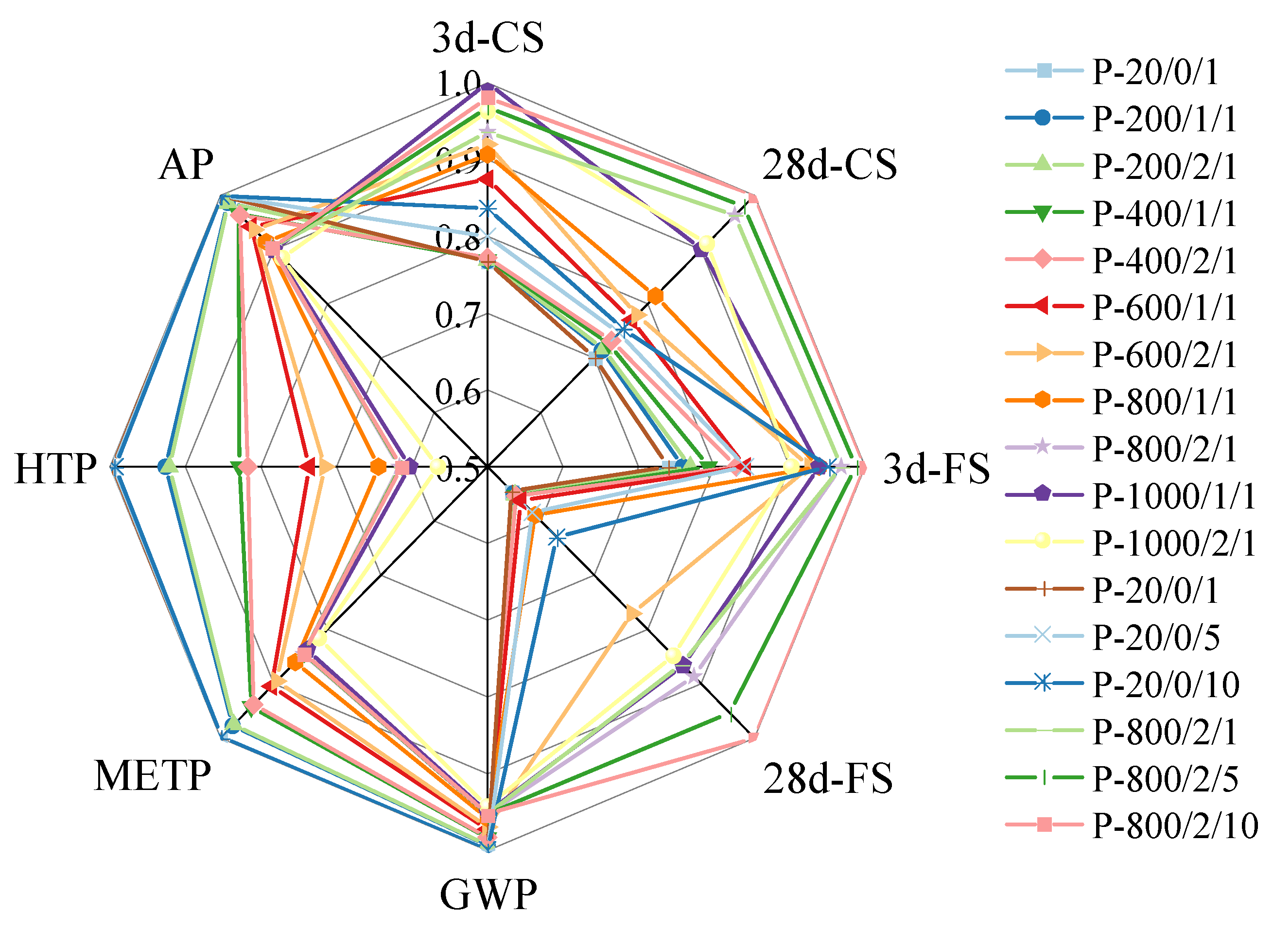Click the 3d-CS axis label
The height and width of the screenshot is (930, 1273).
(488, 38)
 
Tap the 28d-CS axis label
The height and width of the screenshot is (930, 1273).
(829, 165)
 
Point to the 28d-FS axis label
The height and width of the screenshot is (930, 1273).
(827, 779)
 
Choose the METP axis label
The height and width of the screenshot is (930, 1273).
(152, 776)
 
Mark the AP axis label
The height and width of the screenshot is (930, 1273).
(186, 165)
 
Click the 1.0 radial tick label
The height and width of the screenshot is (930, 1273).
(457, 85)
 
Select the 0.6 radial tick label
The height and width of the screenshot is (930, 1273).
(457, 392)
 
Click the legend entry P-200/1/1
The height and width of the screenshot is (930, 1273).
(1164, 119)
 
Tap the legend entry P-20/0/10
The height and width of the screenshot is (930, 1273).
(1166, 684)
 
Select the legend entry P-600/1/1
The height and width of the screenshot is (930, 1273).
(1164, 307)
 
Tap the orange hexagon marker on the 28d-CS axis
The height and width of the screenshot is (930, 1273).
(655, 295)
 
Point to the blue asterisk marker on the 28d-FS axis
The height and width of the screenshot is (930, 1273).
(557, 538)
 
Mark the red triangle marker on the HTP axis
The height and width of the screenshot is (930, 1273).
(308, 466)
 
